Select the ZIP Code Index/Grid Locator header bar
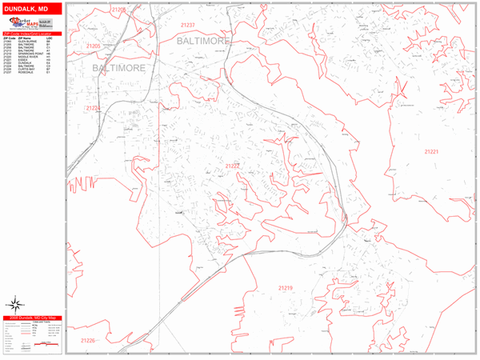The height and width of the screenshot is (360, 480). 32,34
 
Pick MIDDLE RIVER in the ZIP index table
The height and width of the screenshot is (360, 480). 29,58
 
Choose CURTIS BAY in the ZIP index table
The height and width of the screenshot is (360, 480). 28,71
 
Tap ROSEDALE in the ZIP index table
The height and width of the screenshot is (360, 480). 27,74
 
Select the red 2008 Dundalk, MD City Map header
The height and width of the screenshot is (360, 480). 32,318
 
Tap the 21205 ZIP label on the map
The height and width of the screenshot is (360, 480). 93,46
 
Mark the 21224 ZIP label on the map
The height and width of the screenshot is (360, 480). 94,108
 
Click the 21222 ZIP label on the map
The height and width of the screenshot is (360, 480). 233,166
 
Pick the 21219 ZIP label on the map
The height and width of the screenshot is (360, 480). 286,288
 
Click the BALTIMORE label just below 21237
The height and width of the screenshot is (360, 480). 203,39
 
